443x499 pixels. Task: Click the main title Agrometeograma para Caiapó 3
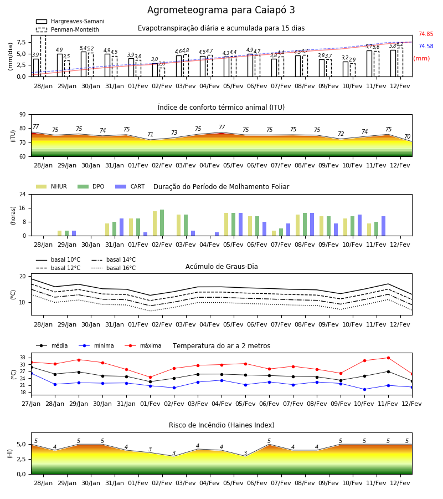tap(221, 10)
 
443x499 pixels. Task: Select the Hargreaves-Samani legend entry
tap(70, 21)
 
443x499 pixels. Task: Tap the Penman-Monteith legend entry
tap(68, 29)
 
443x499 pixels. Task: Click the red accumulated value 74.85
tap(426, 34)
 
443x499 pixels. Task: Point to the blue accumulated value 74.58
tap(426, 46)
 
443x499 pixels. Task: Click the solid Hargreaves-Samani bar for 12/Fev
tap(393, 63)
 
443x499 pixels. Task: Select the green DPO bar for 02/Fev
tap(162, 223)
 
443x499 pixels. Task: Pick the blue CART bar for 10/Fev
tap(360, 225)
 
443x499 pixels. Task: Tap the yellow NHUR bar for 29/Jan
tap(59, 233)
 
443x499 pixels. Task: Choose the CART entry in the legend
tap(130, 186)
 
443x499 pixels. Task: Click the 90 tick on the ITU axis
tap(22, 115)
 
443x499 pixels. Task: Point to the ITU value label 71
tap(150, 134)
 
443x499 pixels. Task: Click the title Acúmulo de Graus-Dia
tap(221, 267)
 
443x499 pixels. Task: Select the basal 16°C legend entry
tap(114, 268)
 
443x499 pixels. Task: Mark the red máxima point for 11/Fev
tap(388, 358)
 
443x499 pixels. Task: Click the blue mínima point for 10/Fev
tap(364, 390)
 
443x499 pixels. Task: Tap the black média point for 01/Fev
tap(150, 381)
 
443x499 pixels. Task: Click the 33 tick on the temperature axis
tap(23, 358)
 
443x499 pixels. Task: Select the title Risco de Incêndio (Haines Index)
tap(221, 425)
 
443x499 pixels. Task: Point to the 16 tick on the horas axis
tap(23, 208)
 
